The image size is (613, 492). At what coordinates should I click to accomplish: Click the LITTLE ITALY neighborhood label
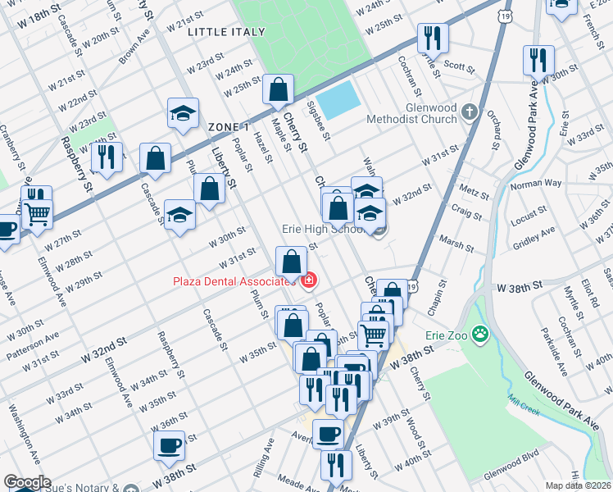[226, 32]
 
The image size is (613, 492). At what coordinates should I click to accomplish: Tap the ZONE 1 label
[228, 127]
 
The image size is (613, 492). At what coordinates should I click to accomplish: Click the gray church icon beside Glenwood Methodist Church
[470, 111]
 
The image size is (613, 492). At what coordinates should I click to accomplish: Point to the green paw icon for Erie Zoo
[479, 335]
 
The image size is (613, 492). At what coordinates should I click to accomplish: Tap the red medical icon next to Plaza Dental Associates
[308, 282]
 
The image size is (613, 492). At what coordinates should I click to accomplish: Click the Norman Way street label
[536, 184]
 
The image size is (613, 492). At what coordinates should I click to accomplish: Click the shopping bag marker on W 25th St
[279, 89]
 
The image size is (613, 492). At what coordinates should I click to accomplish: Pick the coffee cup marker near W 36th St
[170, 445]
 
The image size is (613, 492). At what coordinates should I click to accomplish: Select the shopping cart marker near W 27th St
[36, 215]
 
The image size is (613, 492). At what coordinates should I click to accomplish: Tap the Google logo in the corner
[26, 482]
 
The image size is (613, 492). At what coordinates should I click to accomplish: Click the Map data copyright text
[578, 485]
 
